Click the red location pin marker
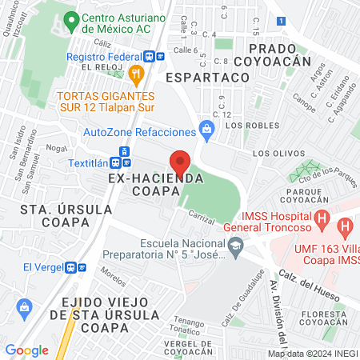tap(181, 163)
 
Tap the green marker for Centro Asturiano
tap(72, 19)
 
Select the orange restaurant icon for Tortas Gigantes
tap(136, 74)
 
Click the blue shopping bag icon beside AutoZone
tap(207, 128)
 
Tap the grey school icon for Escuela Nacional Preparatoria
tap(234, 254)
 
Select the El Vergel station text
tap(38, 267)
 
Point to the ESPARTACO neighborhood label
tap(208, 78)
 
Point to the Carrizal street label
tap(204, 216)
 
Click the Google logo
tap(26, 350)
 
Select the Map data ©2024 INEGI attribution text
tap(312, 354)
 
